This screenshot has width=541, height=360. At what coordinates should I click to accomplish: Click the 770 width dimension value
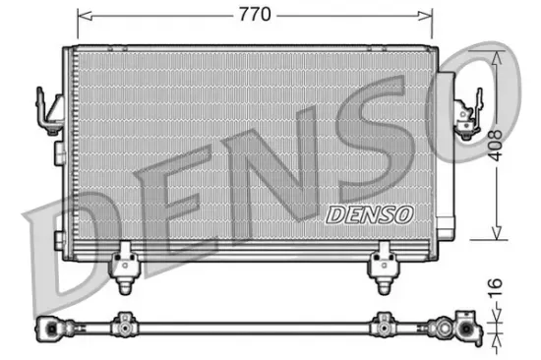254,15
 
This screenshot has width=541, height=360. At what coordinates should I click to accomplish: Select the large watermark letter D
74,251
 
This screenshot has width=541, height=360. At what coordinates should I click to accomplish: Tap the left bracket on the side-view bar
124,322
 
